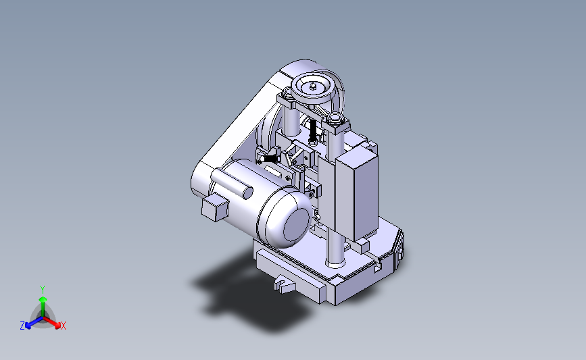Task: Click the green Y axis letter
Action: (x=42, y=288)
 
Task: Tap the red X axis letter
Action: (x=64, y=326)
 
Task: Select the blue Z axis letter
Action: (x=22, y=326)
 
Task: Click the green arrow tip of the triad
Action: (x=42, y=298)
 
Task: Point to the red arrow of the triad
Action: (x=54, y=321)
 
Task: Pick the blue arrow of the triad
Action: (x=31, y=322)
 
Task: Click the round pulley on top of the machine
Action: (x=314, y=88)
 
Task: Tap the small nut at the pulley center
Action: (x=314, y=85)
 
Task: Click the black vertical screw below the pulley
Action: (x=314, y=133)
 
